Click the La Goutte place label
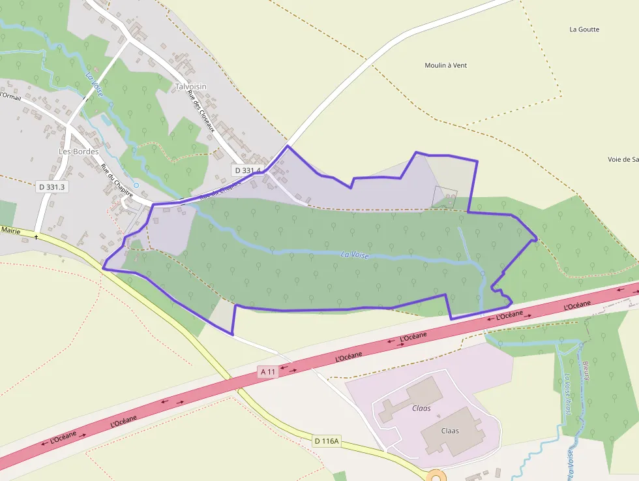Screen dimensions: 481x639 point(584,29)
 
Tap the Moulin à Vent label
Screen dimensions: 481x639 point(446,65)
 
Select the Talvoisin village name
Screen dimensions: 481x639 point(190,86)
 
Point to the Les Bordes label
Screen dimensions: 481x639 point(78,151)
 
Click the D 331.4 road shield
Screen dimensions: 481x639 point(247,170)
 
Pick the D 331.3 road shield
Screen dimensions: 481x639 point(52,187)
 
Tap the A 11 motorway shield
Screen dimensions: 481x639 point(268,372)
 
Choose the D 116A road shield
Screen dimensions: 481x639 point(326,441)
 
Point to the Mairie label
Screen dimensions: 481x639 point(10,230)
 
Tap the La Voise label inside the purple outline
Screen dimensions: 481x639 point(355,255)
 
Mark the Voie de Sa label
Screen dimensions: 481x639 point(622,159)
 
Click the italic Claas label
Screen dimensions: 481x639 point(421,409)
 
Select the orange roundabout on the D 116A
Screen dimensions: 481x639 point(436,476)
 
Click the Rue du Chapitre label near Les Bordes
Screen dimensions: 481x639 point(117,180)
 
